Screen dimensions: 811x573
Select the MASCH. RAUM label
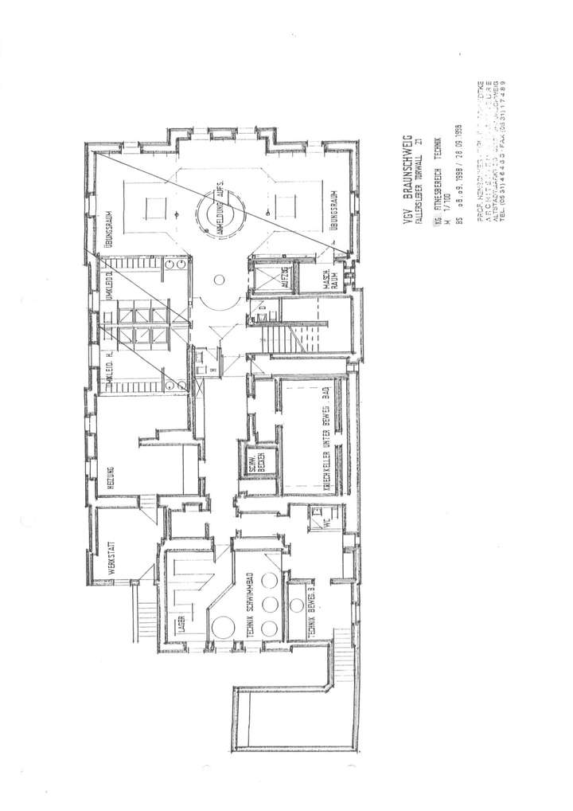coord(327,278)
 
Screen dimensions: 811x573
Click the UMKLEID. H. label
coord(107,370)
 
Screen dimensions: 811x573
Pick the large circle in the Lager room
coord(221,626)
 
